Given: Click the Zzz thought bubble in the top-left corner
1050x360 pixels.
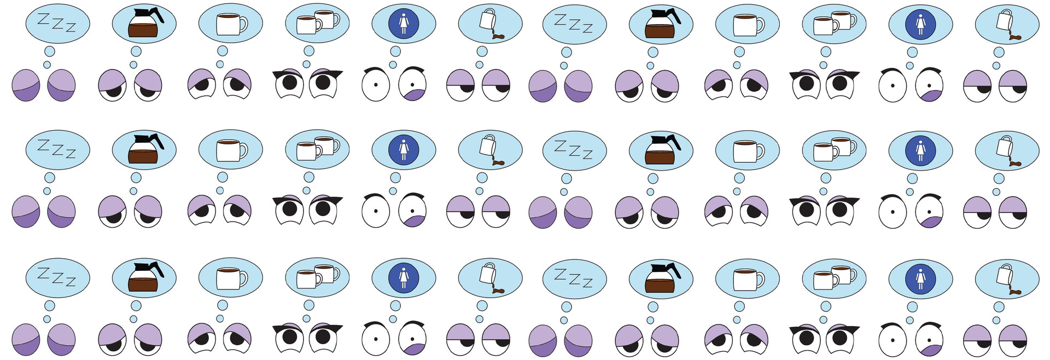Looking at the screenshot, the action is coord(58,23).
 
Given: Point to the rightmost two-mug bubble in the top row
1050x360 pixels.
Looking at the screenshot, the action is coord(834,23).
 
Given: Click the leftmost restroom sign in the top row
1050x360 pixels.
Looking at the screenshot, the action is coord(404,23).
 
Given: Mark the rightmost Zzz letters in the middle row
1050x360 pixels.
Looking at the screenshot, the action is coord(574,149).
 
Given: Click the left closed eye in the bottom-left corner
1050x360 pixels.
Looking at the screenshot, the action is coord(26,339).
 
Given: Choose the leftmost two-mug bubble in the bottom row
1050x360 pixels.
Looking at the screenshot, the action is coord(317,277).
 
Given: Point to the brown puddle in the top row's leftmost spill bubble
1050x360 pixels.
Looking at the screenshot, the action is coord(498,37).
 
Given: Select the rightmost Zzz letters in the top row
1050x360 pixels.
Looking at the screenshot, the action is coord(574,23).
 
